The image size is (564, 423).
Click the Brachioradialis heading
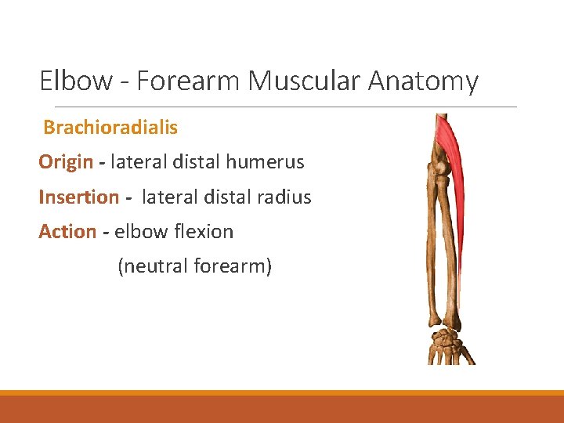(110, 127)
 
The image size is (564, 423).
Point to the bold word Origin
(66, 162)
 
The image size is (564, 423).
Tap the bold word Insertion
(78, 197)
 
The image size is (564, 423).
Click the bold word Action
(67, 232)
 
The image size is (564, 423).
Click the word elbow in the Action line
(136, 232)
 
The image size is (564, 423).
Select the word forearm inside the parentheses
(232, 266)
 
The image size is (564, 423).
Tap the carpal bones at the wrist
(447, 341)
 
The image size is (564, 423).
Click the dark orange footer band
(282, 409)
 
